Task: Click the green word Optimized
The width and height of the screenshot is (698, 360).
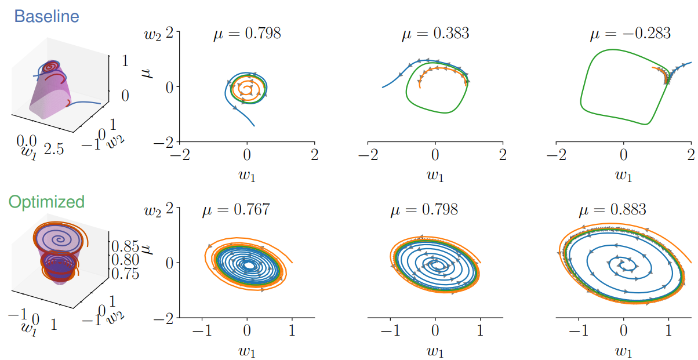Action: pos(46,202)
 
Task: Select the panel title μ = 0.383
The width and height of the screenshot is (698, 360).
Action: pos(435,34)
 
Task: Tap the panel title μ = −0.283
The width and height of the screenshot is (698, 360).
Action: pos(630,34)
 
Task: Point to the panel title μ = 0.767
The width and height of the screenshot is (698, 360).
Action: pos(235,209)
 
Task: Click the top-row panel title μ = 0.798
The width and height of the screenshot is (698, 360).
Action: pos(247,34)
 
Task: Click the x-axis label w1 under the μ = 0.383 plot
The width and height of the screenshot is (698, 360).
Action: pos(435,173)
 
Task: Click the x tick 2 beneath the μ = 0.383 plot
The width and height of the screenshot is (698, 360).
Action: pos(503,155)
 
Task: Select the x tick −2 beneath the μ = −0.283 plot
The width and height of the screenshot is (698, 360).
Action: pos(556,155)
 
